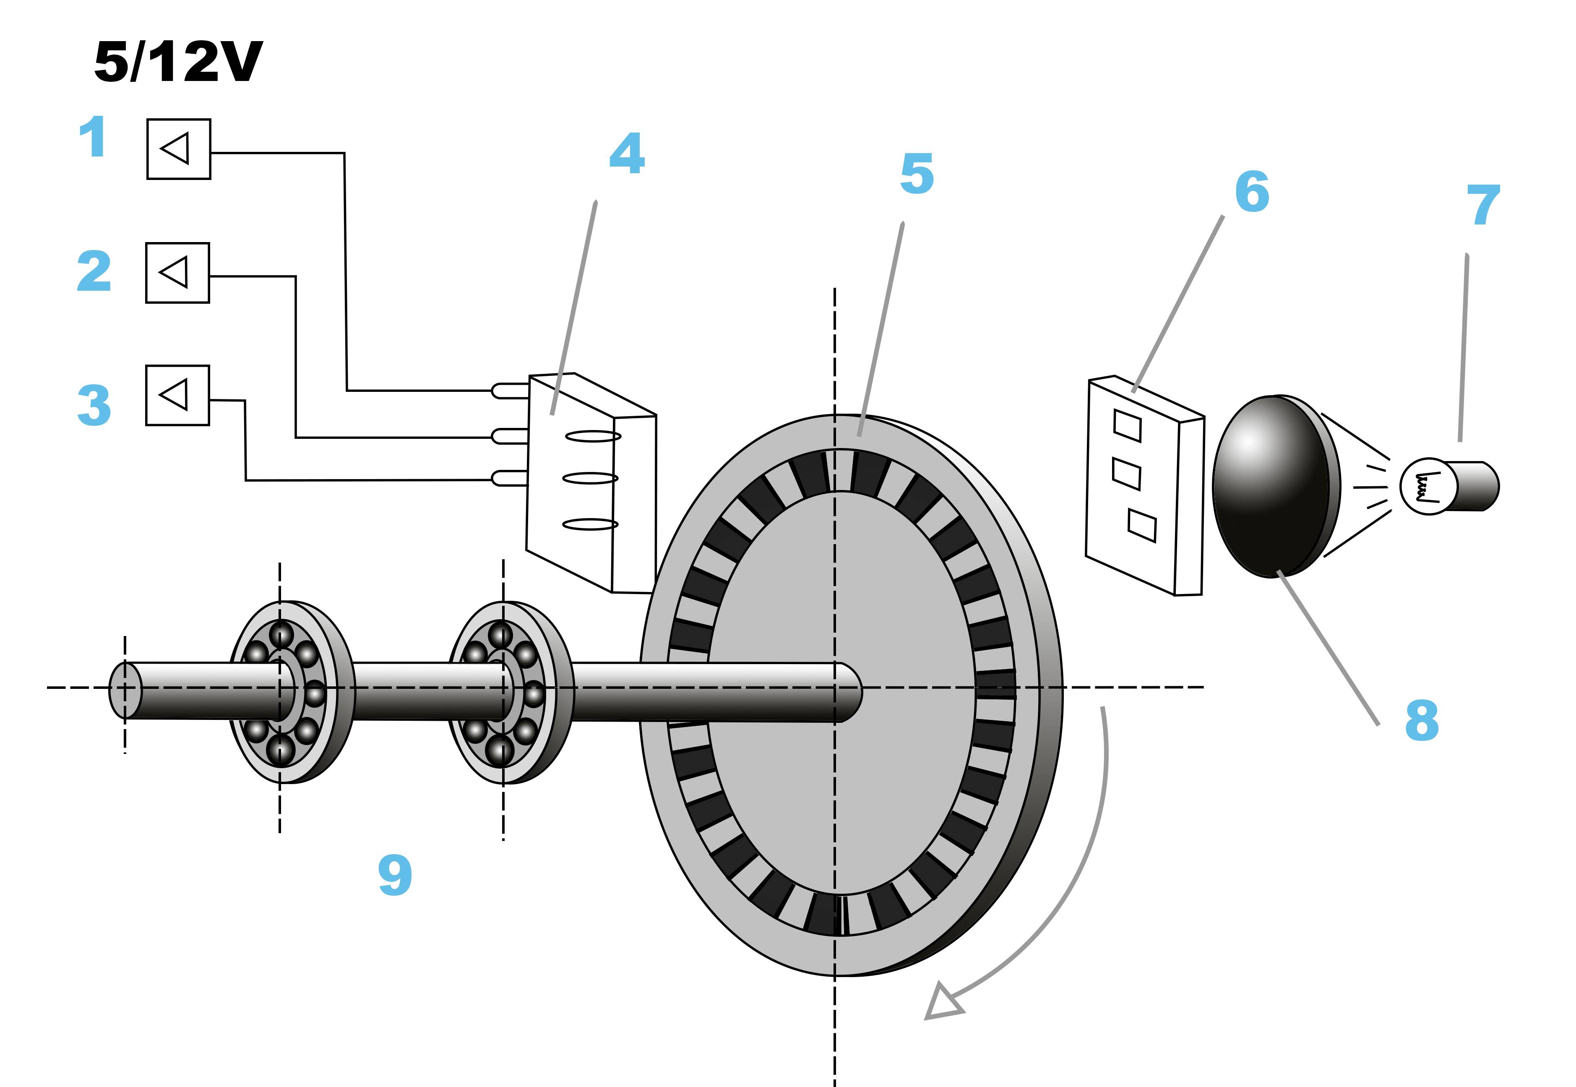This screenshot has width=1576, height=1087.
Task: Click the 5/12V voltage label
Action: [178, 62]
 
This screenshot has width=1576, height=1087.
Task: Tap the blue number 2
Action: [94, 271]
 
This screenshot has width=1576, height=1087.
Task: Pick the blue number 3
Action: [94, 405]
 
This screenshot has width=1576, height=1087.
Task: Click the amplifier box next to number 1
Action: [178, 149]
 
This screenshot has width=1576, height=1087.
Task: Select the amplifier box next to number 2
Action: [177, 272]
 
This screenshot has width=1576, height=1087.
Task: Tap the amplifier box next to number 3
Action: [177, 395]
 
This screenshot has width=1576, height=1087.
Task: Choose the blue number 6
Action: [1252, 192]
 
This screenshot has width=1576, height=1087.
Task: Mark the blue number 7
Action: [1483, 205]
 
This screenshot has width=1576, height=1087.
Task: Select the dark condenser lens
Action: [1274, 485]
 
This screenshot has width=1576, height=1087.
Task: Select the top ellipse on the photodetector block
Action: [593, 436]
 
